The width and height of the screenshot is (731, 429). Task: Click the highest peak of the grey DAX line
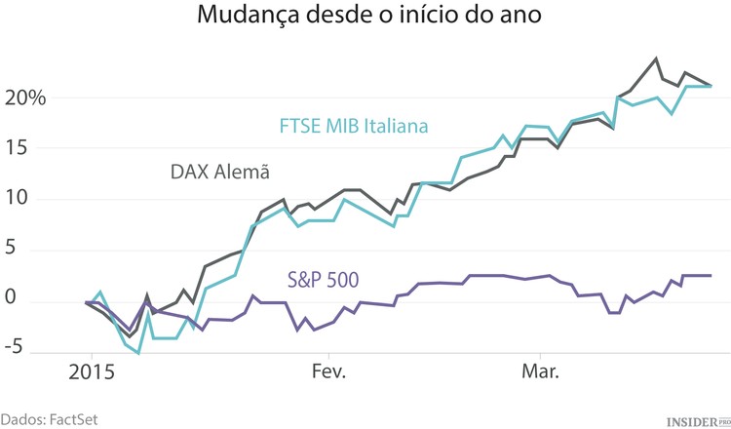coord(656,58)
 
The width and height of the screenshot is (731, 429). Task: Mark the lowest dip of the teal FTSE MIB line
coord(139,353)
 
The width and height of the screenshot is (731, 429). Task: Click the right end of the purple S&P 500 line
coord(711,275)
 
